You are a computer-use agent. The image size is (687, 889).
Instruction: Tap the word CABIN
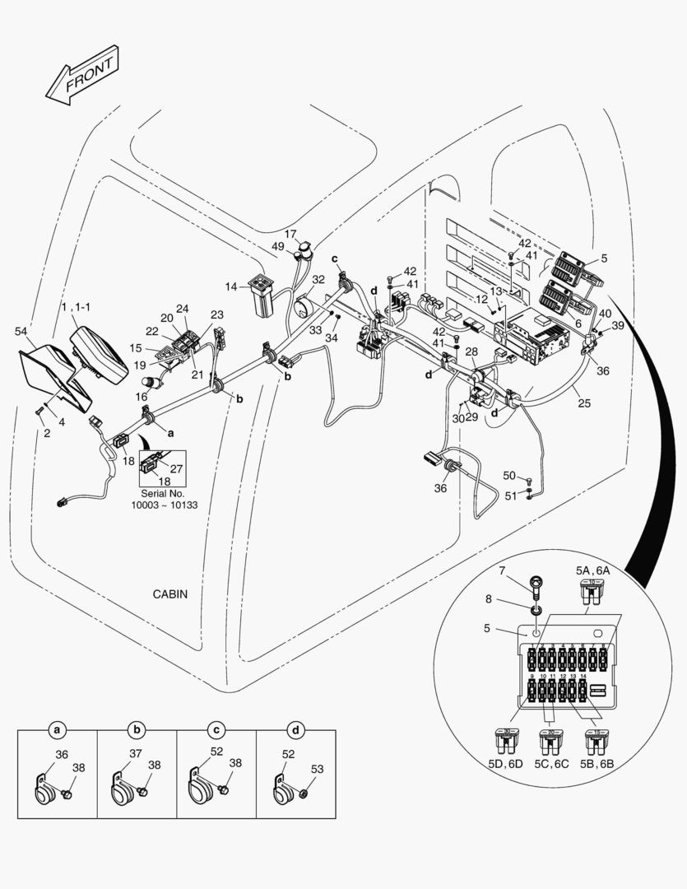170,593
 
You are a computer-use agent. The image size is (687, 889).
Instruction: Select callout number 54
21,331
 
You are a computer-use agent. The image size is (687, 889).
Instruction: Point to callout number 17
290,234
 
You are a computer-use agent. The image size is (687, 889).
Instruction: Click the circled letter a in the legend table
57,730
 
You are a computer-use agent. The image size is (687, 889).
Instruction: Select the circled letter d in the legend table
295,730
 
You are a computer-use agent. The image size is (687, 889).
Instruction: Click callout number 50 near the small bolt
509,476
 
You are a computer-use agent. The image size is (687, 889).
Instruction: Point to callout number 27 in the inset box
176,468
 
